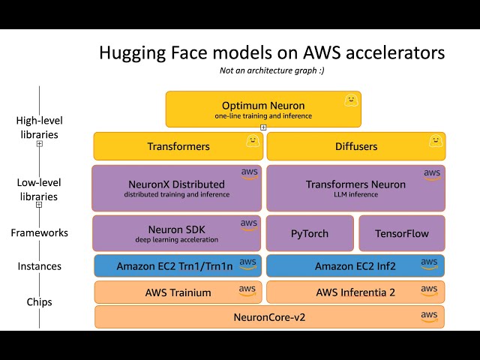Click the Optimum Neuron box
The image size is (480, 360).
point(262,109)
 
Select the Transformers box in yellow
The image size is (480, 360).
point(178,146)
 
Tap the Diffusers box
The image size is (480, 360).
point(355,146)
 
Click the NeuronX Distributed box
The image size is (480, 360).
point(177,188)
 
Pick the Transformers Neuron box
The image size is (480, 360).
point(355,188)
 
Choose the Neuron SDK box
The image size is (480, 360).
point(177,233)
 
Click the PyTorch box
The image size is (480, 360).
point(310,233)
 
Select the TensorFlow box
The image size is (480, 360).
point(401,233)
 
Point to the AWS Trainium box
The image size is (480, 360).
point(177,292)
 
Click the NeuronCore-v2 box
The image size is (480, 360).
point(269,316)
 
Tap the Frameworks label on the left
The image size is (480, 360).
point(40,232)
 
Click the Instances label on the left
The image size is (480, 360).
point(40,266)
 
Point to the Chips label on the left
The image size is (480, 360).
point(40,302)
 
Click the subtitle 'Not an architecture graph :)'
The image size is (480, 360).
point(271,70)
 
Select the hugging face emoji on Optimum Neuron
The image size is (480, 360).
point(349,99)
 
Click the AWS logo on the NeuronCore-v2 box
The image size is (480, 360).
point(429,316)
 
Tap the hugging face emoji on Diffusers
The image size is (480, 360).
point(433,140)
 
